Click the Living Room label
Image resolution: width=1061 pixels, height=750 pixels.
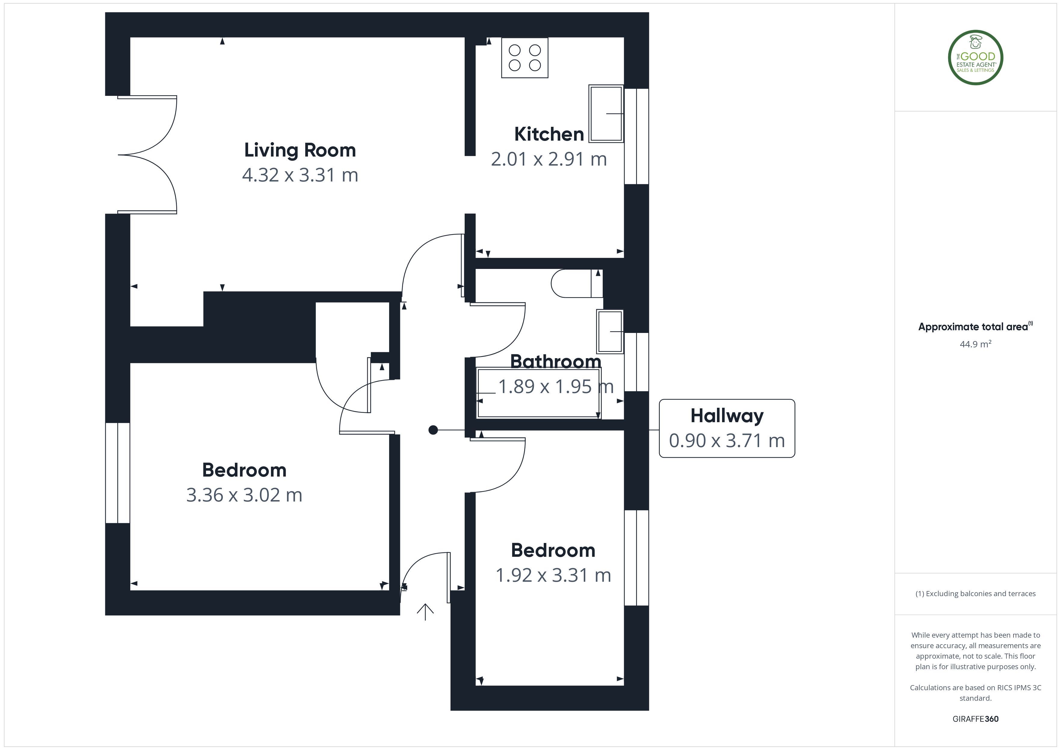click(300, 150)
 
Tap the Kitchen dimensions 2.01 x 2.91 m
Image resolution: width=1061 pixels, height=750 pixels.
click(549, 159)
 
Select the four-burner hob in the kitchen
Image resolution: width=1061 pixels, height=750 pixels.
click(524, 58)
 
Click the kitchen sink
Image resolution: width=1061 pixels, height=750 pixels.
click(606, 113)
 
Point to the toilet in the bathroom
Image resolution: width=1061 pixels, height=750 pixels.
click(577, 283)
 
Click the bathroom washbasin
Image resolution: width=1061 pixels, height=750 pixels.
click(610, 332)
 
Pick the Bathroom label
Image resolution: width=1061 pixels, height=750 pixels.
click(555, 361)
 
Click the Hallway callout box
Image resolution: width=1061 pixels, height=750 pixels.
click(727, 428)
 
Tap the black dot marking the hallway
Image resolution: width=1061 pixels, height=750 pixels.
click(433, 430)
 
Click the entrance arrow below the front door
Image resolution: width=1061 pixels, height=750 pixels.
click(425, 611)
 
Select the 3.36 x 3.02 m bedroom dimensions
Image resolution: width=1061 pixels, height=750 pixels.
click(244, 495)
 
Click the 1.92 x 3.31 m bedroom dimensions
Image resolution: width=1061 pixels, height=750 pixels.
click(553, 575)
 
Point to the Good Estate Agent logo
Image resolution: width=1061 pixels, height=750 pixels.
click(976, 58)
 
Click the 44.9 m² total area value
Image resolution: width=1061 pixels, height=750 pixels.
click(976, 344)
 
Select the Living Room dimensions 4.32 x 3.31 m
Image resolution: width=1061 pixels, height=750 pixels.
click(300, 175)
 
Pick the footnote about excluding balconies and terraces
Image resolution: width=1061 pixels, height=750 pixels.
click(976, 594)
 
